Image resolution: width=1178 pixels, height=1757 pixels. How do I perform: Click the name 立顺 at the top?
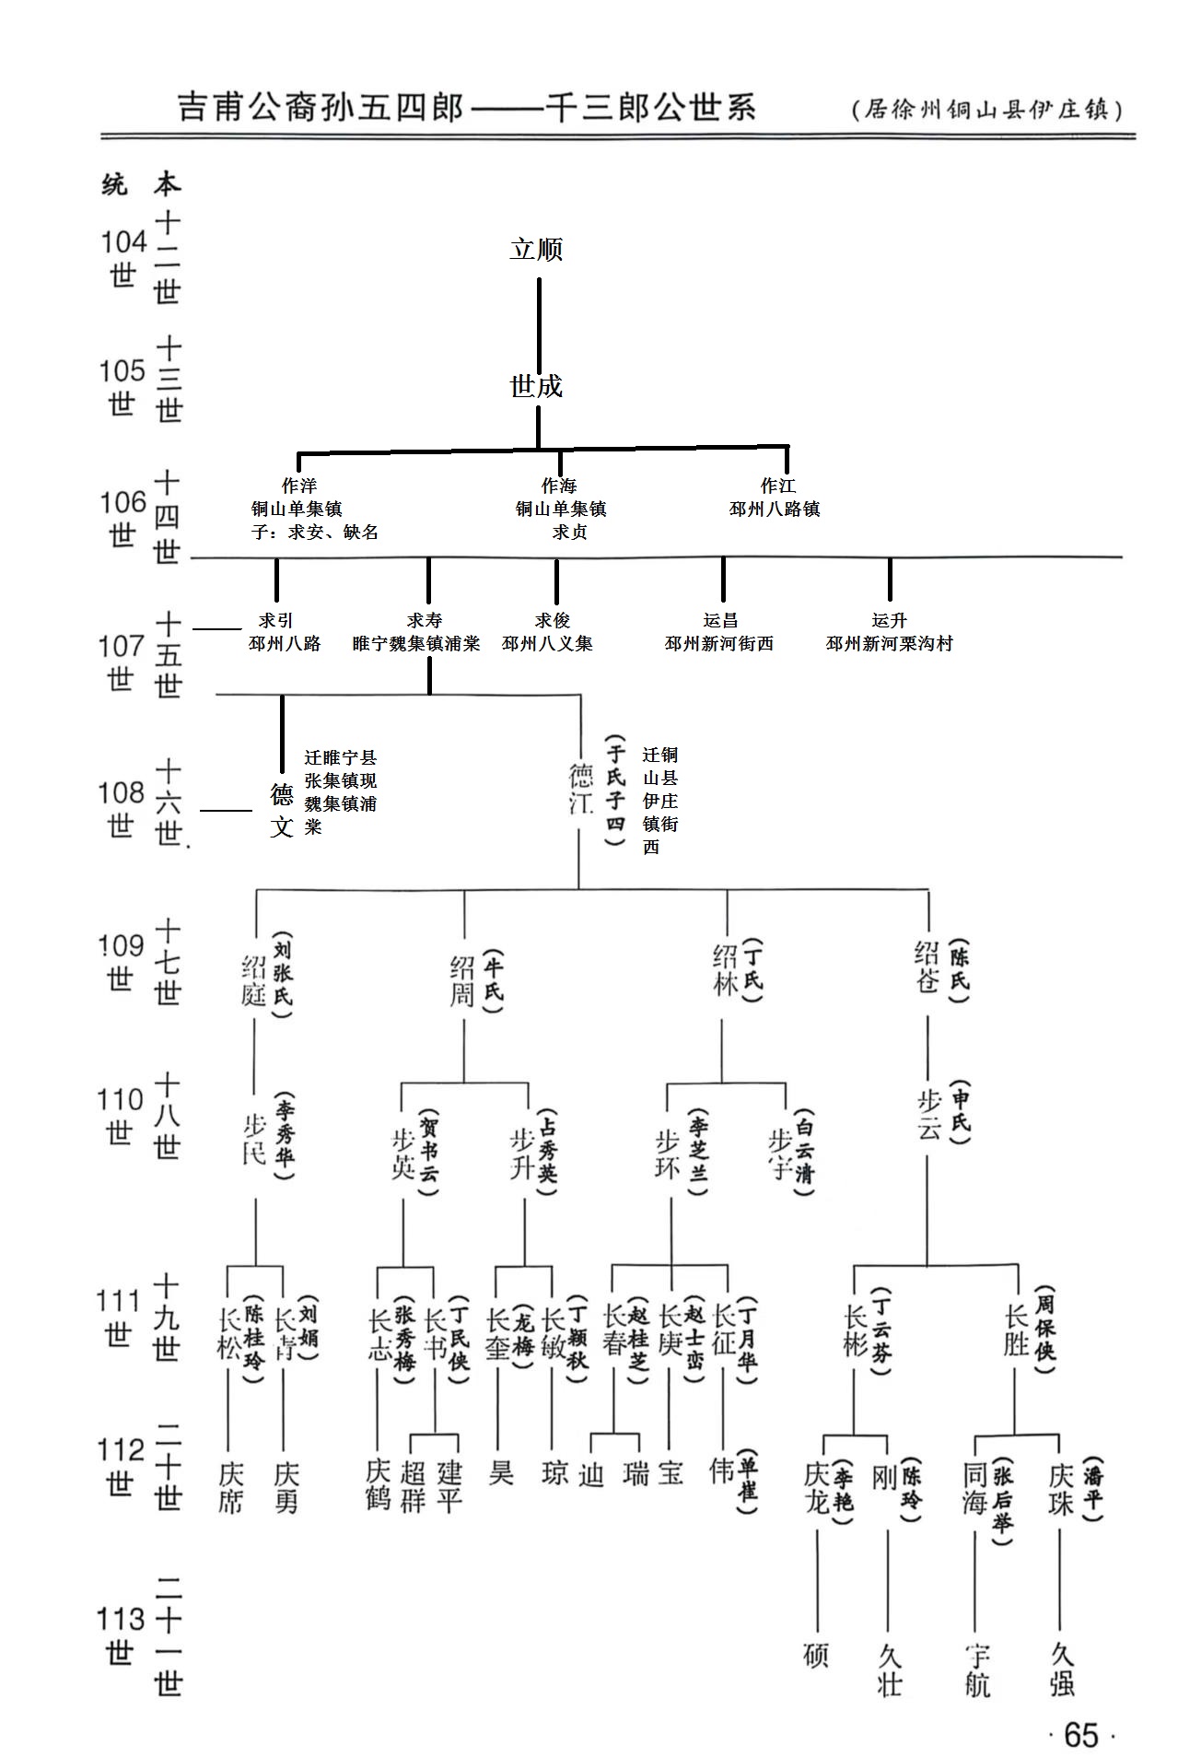(x=536, y=250)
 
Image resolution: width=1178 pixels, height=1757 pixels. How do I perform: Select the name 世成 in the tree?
(x=536, y=386)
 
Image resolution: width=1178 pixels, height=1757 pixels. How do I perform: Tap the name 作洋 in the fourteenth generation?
(x=299, y=486)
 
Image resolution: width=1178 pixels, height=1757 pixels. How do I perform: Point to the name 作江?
(x=777, y=486)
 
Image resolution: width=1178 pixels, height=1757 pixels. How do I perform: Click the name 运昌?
(x=720, y=621)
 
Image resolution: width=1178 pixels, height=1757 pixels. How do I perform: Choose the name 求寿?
(x=425, y=621)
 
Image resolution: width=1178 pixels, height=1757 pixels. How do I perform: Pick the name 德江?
(x=580, y=789)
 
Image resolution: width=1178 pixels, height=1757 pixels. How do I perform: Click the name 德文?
(x=281, y=811)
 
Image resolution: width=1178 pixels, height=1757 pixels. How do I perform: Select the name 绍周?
(x=462, y=980)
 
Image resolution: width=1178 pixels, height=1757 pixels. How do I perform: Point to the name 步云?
(x=928, y=1116)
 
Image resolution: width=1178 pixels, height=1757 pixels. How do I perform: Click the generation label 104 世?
(x=123, y=258)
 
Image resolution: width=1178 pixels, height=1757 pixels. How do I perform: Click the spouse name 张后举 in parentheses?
(x=1002, y=1500)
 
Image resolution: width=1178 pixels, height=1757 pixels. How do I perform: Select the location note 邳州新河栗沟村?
(x=889, y=644)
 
